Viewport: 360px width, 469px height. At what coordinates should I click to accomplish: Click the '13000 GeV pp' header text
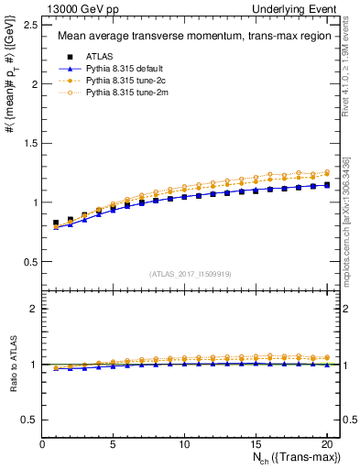coord(79,8)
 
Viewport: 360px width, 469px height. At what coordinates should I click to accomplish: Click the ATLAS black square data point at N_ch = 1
coord(57,223)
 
